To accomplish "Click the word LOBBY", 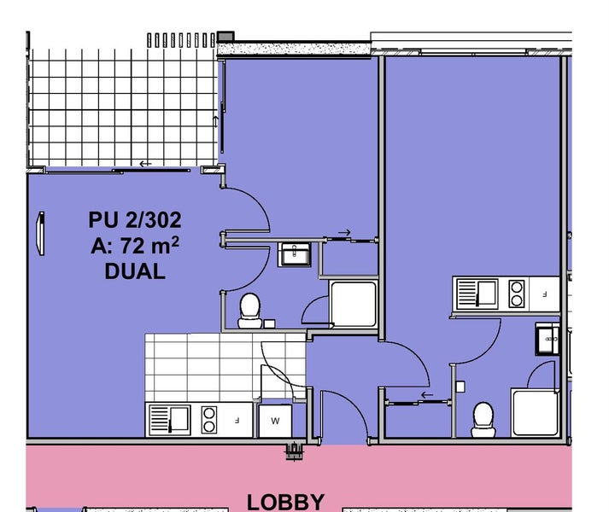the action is (285, 503).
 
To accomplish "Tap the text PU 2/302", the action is (135, 220).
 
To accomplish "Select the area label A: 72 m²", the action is (135, 245).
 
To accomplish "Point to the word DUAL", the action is (135, 271).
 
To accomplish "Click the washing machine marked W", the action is (275, 421).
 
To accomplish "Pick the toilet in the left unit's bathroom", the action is (249, 311).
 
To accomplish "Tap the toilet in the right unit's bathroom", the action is (483, 420).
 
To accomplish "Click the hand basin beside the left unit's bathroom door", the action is (295, 254).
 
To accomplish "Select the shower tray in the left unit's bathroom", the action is (354, 304).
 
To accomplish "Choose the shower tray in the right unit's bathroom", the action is (536, 412).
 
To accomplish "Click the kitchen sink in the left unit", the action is (170, 420).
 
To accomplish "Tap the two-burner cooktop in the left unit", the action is (209, 420).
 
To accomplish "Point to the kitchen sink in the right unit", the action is (477, 294).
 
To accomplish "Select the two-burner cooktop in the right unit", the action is (517, 294).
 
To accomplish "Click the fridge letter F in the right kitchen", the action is (545, 294).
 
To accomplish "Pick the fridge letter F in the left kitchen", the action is (237, 420).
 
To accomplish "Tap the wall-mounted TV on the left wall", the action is (40, 233).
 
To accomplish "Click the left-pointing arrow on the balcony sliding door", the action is (145, 164).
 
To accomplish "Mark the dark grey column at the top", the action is (225, 37).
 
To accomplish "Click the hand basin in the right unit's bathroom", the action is (548, 339).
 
